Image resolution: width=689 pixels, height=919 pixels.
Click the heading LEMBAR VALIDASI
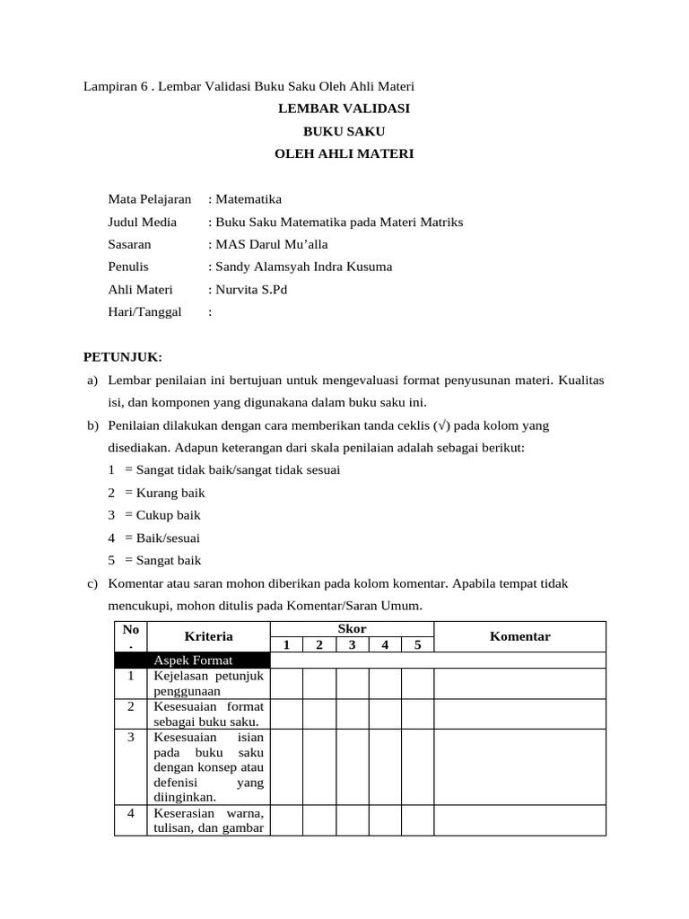pyautogui.click(x=344, y=109)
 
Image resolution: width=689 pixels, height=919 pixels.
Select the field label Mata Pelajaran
pyautogui.click(x=149, y=198)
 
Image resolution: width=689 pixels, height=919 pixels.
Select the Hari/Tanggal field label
pyautogui.click(x=144, y=311)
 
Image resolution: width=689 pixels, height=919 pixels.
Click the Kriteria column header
pyautogui.click(x=208, y=636)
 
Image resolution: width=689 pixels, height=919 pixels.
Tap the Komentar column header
pyautogui.click(x=519, y=636)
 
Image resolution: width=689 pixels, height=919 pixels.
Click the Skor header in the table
pyautogui.click(x=352, y=629)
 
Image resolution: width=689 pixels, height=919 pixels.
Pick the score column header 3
pyautogui.click(x=352, y=644)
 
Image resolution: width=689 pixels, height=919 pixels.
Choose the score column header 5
pyautogui.click(x=417, y=644)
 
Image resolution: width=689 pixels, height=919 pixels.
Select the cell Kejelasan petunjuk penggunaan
pyautogui.click(x=208, y=684)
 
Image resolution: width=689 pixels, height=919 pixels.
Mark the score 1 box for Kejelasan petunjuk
pyautogui.click(x=286, y=684)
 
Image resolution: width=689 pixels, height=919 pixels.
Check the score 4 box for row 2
pyautogui.click(x=385, y=714)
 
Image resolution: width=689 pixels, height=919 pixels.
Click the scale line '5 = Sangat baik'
pyautogui.click(x=153, y=561)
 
